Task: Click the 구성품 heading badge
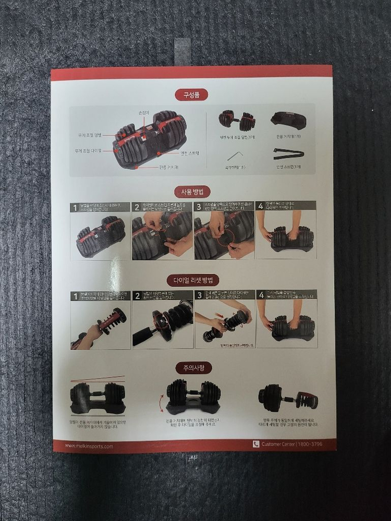click(191, 95)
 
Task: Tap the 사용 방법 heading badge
click(191, 192)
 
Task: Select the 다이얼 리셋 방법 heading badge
click(192, 281)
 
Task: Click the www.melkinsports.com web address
click(89, 446)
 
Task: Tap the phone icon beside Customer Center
click(256, 444)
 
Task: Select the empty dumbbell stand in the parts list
click(288, 121)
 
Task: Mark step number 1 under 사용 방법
click(75, 207)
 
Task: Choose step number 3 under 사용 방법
click(198, 207)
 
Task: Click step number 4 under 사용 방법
click(260, 206)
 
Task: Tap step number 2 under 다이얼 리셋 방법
click(137, 295)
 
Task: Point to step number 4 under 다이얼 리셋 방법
click(261, 295)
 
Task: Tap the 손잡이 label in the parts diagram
click(144, 113)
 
